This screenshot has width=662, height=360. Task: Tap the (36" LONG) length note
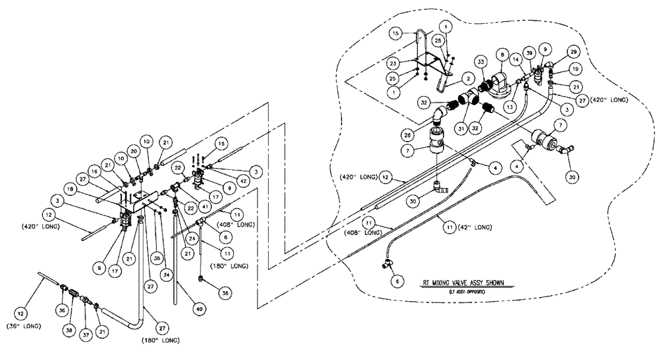point(24,326)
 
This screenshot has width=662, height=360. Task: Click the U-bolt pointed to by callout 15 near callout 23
point(418,48)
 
